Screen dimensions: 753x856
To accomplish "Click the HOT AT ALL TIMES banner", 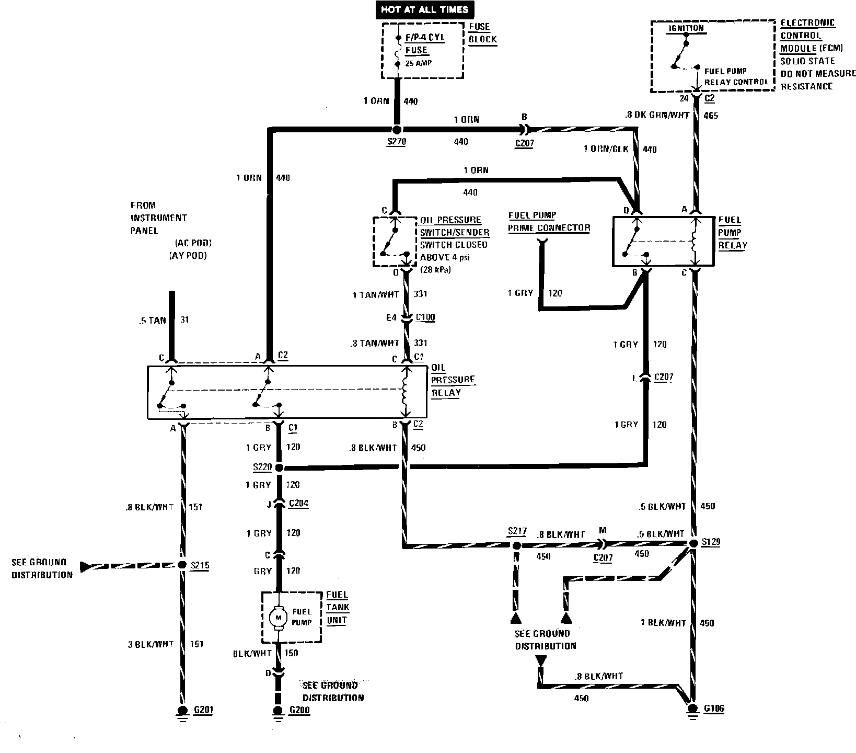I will click(424, 9).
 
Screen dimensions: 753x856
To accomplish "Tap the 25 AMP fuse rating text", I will click(419, 63).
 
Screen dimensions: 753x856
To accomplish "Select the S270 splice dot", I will click(397, 130).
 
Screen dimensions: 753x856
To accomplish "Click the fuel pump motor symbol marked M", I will click(277, 617).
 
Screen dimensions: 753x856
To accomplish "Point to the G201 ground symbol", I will click(182, 712).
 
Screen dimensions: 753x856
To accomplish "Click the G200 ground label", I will click(299, 710).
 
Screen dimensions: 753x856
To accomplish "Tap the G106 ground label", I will click(714, 709).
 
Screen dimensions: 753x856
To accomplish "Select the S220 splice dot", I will click(279, 467).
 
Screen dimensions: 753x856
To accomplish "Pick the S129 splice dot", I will click(693, 543).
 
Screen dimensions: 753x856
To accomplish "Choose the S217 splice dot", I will click(516, 545).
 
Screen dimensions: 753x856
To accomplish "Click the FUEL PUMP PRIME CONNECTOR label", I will click(549, 222).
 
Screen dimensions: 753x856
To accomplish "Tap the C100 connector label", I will click(425, 317).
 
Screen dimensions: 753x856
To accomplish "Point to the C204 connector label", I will click(298, 504).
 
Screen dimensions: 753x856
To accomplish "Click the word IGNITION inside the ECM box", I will click(686, 28).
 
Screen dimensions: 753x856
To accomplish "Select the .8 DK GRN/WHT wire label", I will click(656, 115).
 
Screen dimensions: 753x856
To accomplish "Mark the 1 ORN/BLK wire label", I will click(606, 149).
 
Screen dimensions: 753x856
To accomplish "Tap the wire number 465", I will click(711, 115).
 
